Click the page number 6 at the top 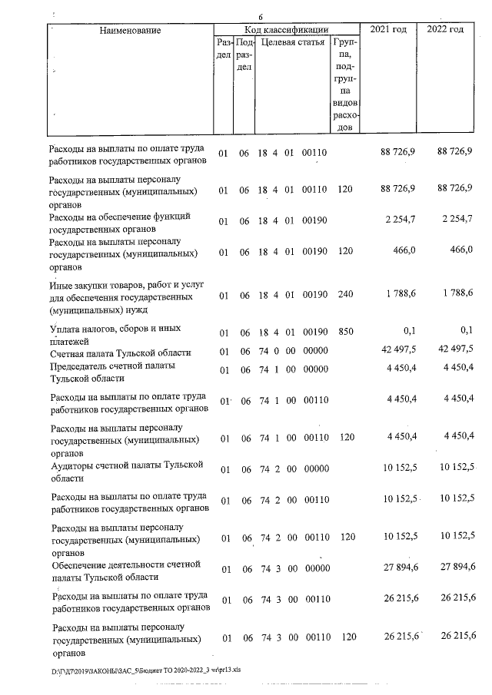click(261, 17)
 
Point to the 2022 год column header click(446, 29)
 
